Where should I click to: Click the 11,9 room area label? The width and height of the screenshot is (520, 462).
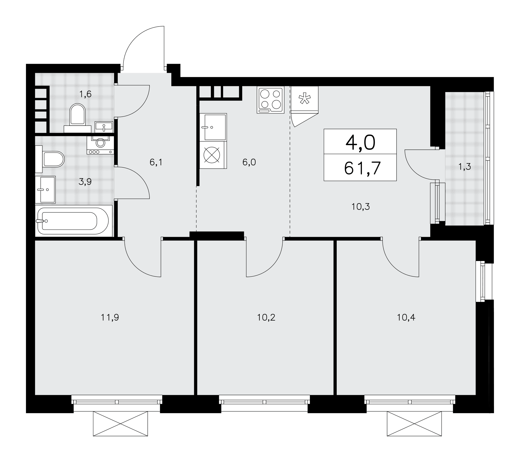[110, 317]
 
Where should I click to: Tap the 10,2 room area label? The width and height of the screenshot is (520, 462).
[266, 317]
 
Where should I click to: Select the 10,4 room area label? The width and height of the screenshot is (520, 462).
[406, 317]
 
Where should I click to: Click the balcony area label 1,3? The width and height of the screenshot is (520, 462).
[464, 167]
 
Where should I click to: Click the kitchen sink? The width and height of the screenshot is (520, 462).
[213, 127]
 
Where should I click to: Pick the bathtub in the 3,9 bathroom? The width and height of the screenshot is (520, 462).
[74, 221]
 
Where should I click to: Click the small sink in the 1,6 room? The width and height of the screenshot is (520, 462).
[104, 127]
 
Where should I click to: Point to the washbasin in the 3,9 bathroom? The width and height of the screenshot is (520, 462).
[45, 190]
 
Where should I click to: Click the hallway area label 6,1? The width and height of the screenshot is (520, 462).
[156, 162]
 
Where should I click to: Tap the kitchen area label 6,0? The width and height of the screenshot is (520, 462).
[249, 162]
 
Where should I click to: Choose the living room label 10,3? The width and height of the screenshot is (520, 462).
[361, 207]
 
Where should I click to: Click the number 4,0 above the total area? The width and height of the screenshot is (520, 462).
[360, 143]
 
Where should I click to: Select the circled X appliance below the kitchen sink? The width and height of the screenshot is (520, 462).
[212, 155]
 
